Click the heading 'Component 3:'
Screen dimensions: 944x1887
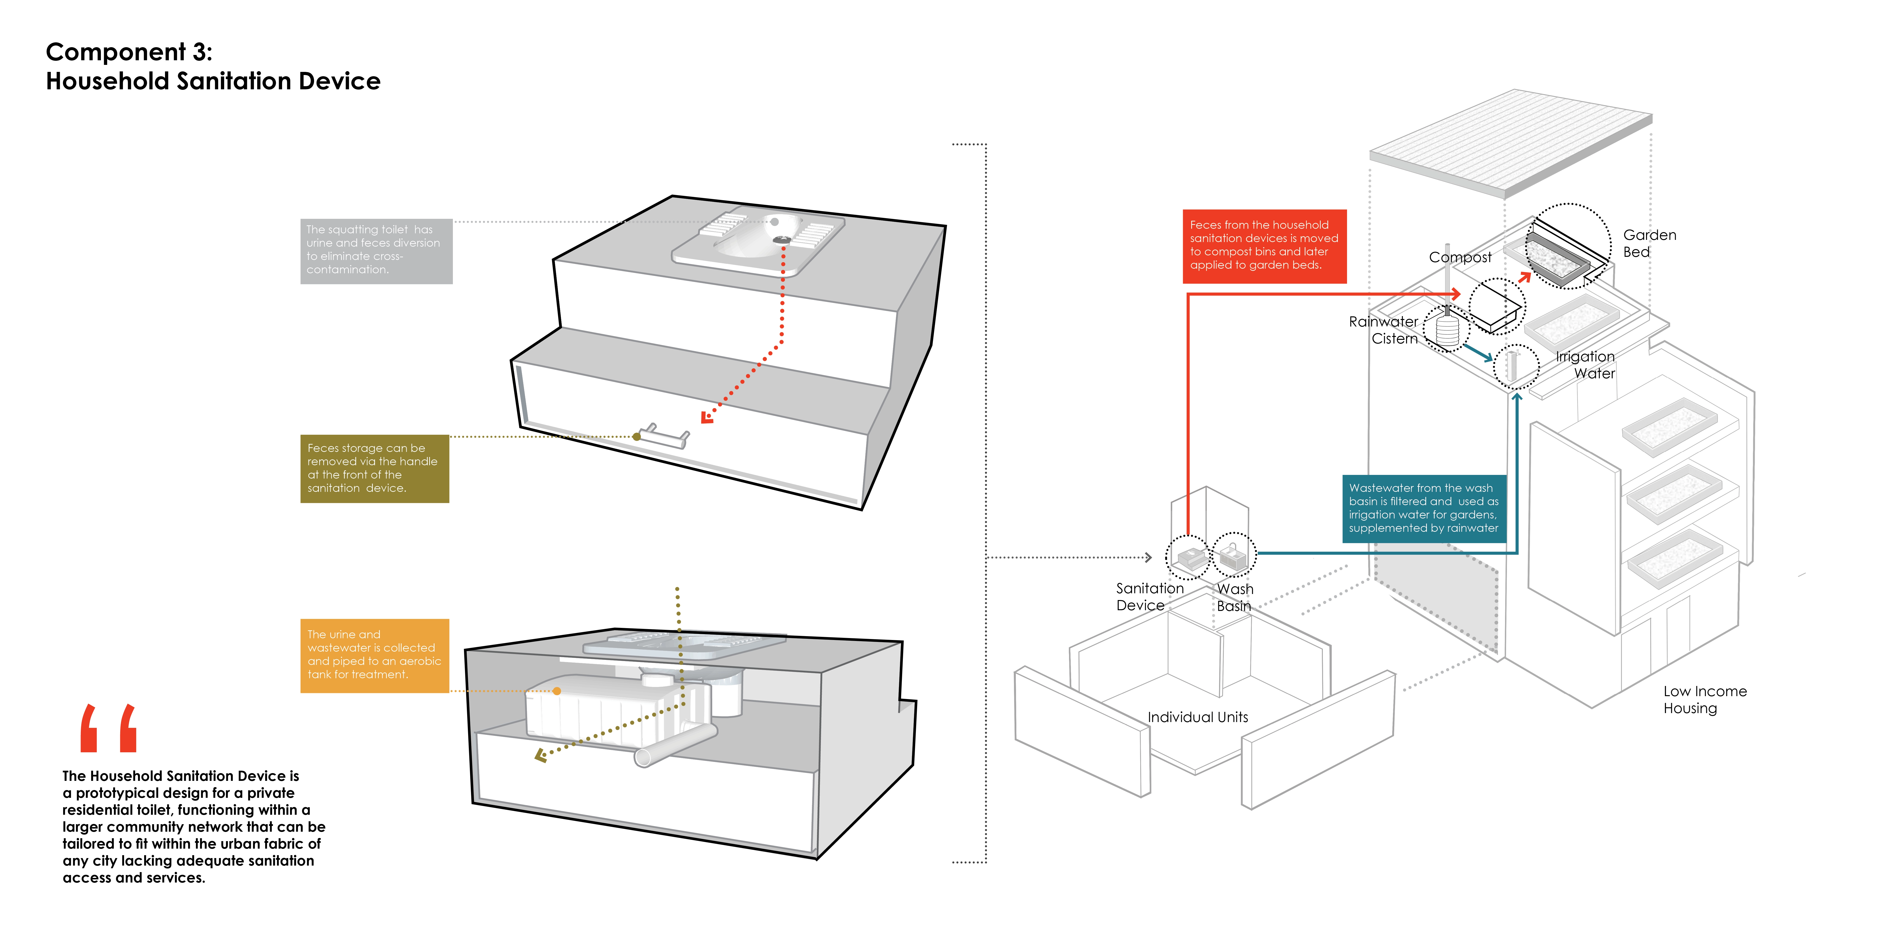click(129, 52)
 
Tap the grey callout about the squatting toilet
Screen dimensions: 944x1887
click(376, 251)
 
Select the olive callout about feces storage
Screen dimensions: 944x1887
click(374, 468)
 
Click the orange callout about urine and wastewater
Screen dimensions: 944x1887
click(374, 655)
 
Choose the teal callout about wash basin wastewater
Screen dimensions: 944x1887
click(1423, 509)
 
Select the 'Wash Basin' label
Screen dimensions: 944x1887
click(1235, 597)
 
